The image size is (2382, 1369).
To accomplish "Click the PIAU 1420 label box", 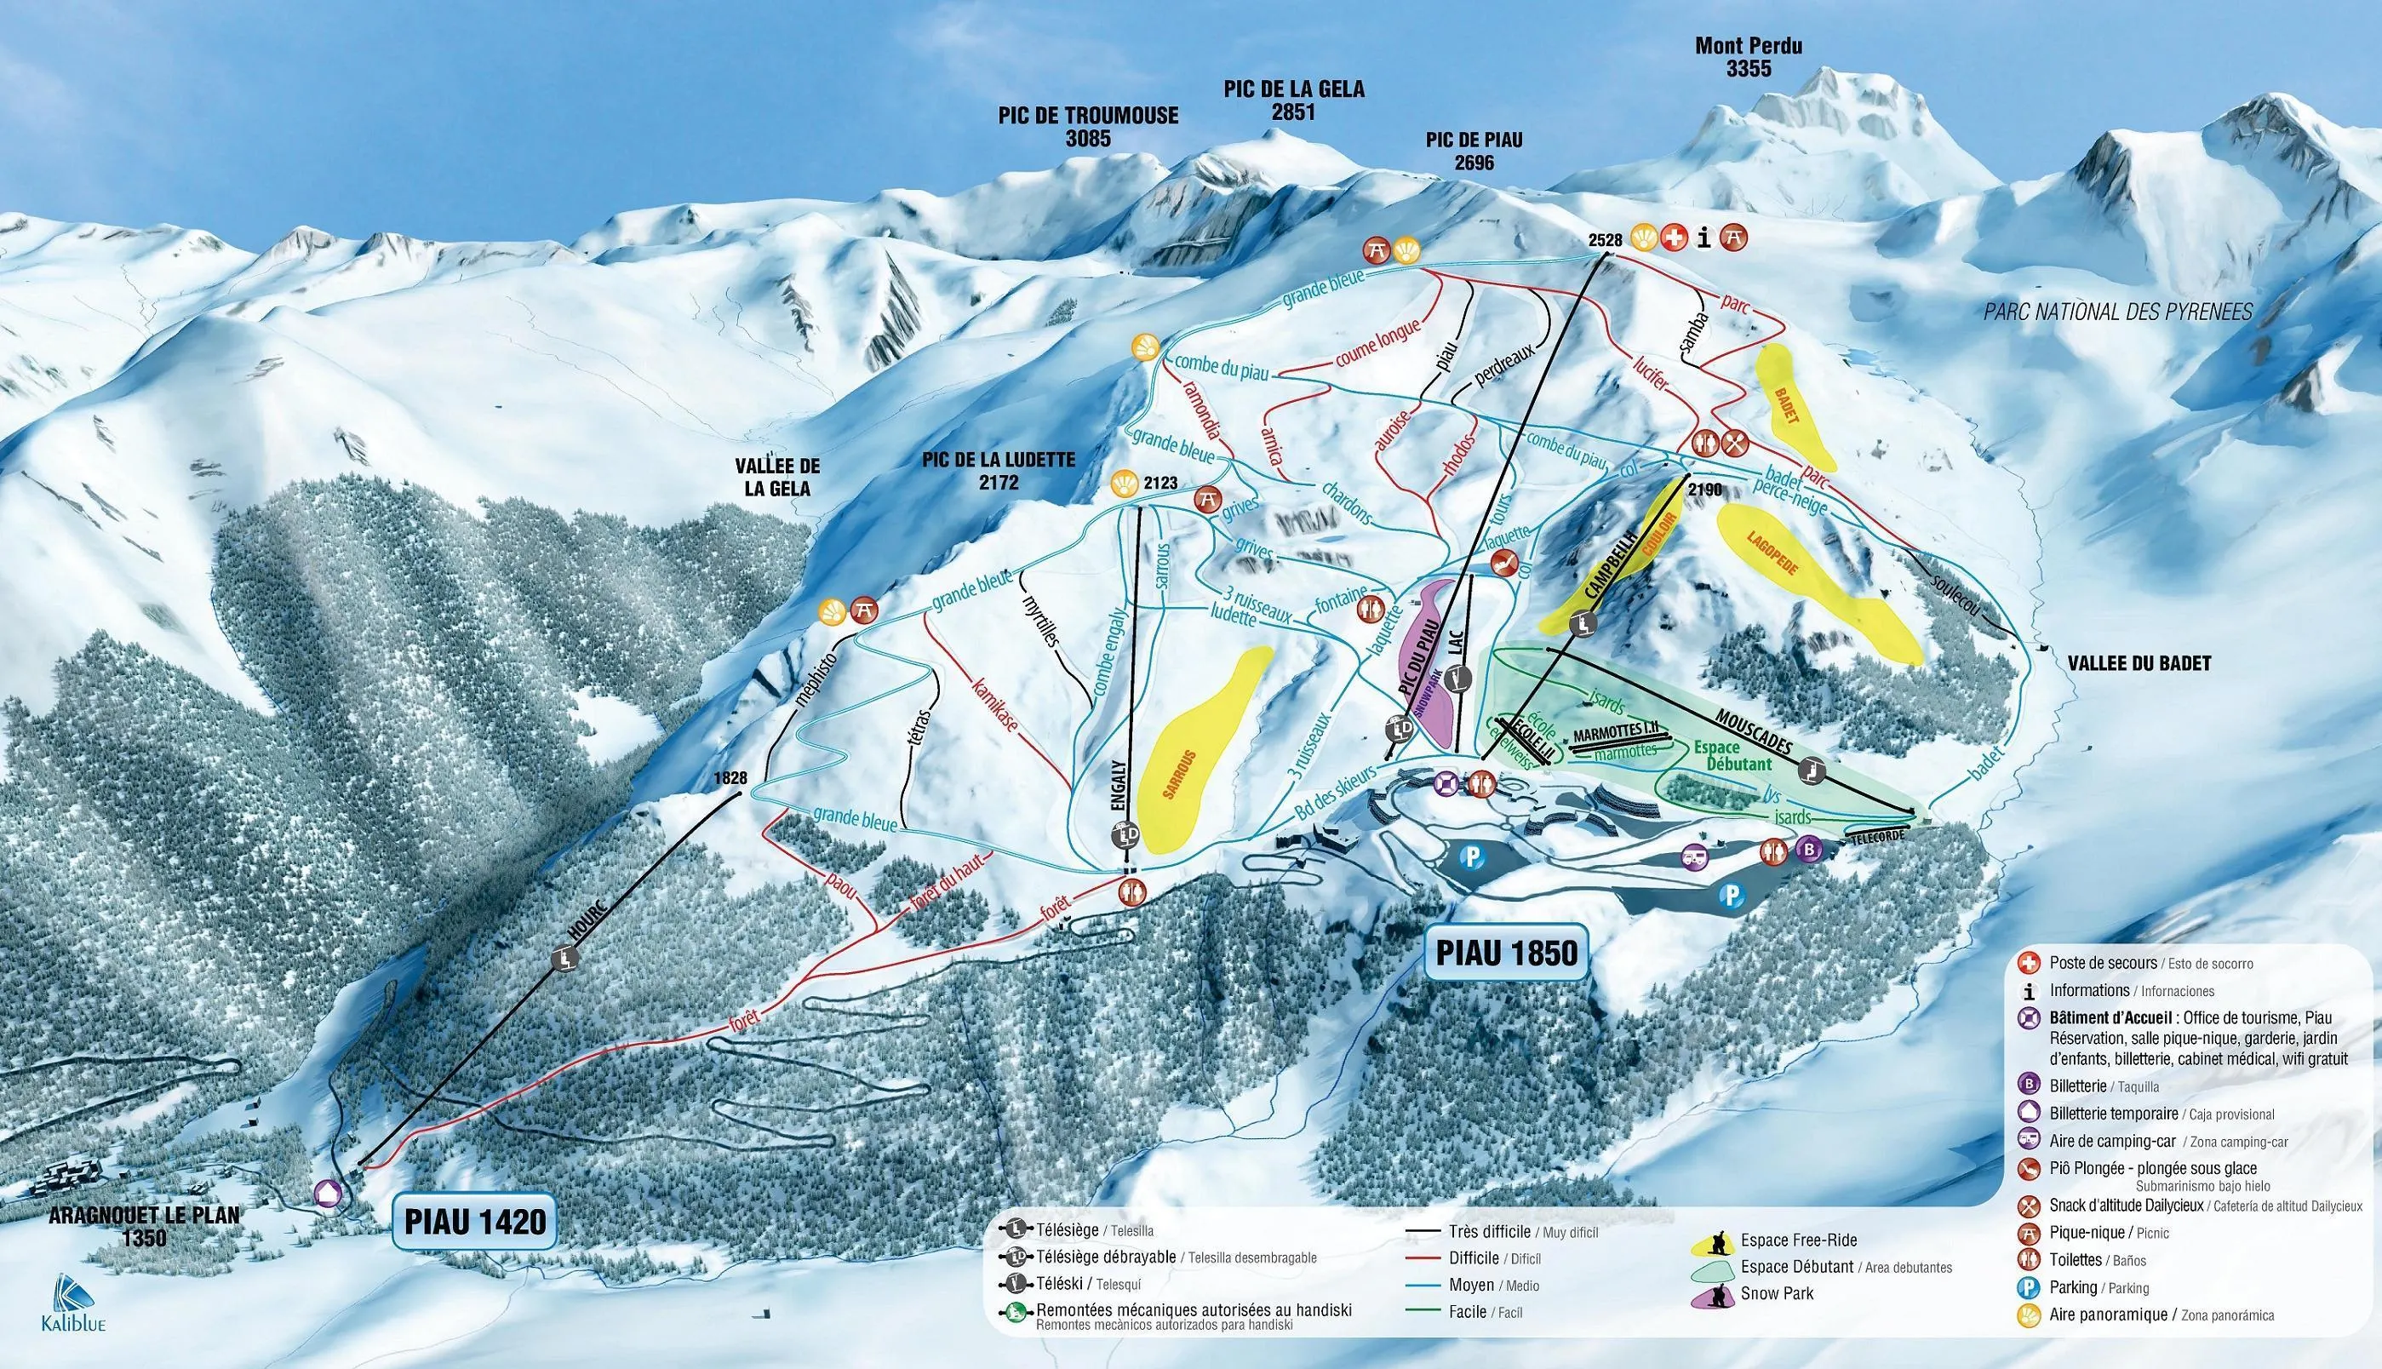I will coord(476,1222).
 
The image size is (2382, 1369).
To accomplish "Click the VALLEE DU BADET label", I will coord(2139,664).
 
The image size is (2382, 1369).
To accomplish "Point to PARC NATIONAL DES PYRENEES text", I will coord(2117,312).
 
